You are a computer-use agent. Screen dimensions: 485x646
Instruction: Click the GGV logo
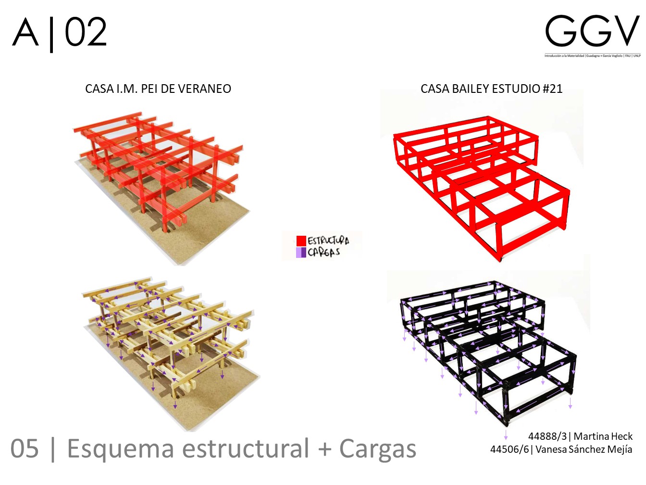click(592, 32)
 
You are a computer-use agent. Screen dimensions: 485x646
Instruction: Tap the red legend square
click(301, 241)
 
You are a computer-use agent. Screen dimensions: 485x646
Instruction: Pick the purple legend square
click(301, 252)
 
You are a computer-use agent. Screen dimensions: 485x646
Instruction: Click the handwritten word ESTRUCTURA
click(328, 240)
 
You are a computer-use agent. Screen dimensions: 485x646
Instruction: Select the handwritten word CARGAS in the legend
click(324, 252)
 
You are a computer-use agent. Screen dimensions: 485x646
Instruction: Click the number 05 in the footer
click(25, 449)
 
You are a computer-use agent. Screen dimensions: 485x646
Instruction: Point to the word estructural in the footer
click(246, 449)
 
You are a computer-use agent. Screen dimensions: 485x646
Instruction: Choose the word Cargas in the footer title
click(378, 449)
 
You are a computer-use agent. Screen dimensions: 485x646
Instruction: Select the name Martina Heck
click(603, 436)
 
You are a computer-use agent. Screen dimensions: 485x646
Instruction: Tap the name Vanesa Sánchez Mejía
click(584, 449)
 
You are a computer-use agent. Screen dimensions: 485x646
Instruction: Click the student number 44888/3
click(547, 436)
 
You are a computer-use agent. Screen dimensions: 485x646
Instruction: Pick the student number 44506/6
click(509, 449)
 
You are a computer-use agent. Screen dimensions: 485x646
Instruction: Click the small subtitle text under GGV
click(592, 56)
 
